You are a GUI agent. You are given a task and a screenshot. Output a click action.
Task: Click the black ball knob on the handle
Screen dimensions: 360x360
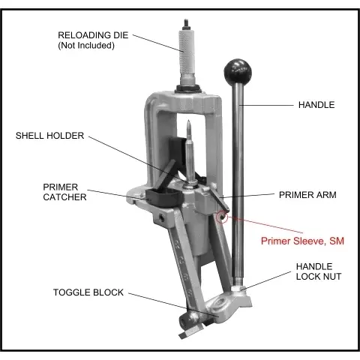point(238,71)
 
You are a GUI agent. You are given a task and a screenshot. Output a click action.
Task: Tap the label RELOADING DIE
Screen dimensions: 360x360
point(93,35)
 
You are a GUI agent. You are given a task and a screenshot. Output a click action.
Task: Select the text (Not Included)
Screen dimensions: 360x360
point(86,46)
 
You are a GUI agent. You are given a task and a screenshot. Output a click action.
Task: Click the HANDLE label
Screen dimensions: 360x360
point(316,105)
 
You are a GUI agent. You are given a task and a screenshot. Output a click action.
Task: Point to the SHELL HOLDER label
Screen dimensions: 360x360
point(49,136)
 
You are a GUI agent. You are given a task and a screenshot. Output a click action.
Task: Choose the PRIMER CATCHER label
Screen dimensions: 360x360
point(64,192)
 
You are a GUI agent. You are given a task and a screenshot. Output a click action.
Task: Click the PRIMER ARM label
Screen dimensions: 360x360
point(307,195)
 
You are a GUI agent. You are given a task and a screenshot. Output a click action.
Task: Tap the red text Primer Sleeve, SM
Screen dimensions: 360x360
point(302,241)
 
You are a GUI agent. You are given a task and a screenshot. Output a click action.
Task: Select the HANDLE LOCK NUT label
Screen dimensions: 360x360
point(319,271)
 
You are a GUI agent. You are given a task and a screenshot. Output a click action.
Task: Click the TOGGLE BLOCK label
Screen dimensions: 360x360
point(88,292)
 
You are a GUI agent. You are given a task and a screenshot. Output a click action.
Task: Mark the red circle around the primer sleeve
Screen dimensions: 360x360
point(222,217)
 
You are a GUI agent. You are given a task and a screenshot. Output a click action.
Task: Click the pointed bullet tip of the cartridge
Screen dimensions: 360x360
point(189,121)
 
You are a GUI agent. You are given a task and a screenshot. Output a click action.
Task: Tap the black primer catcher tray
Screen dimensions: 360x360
point(164,197)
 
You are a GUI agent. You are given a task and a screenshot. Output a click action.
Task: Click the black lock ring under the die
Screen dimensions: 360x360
point(188,88)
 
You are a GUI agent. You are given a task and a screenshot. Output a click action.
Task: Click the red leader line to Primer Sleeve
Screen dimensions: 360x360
point(265,224)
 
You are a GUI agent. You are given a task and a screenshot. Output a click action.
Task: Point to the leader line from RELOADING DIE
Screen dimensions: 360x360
point(158,43)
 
